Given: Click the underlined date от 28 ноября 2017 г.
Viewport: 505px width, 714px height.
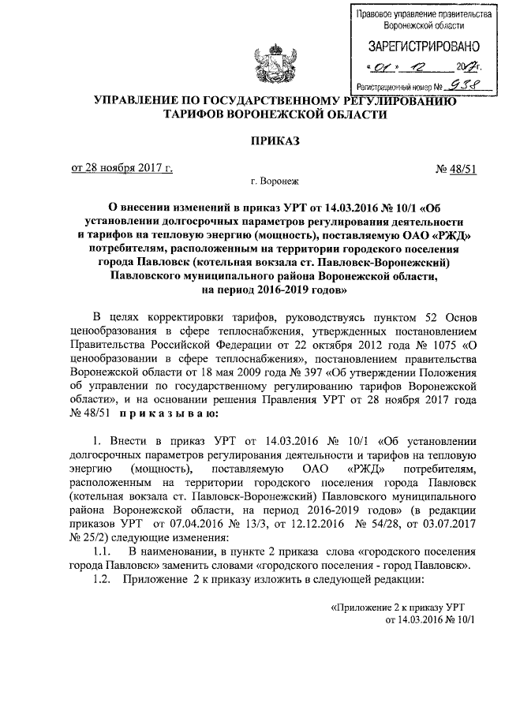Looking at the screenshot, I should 122,168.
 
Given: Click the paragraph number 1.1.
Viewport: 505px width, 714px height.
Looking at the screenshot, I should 103,551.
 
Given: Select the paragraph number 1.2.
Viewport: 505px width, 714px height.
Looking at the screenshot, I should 103,580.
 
